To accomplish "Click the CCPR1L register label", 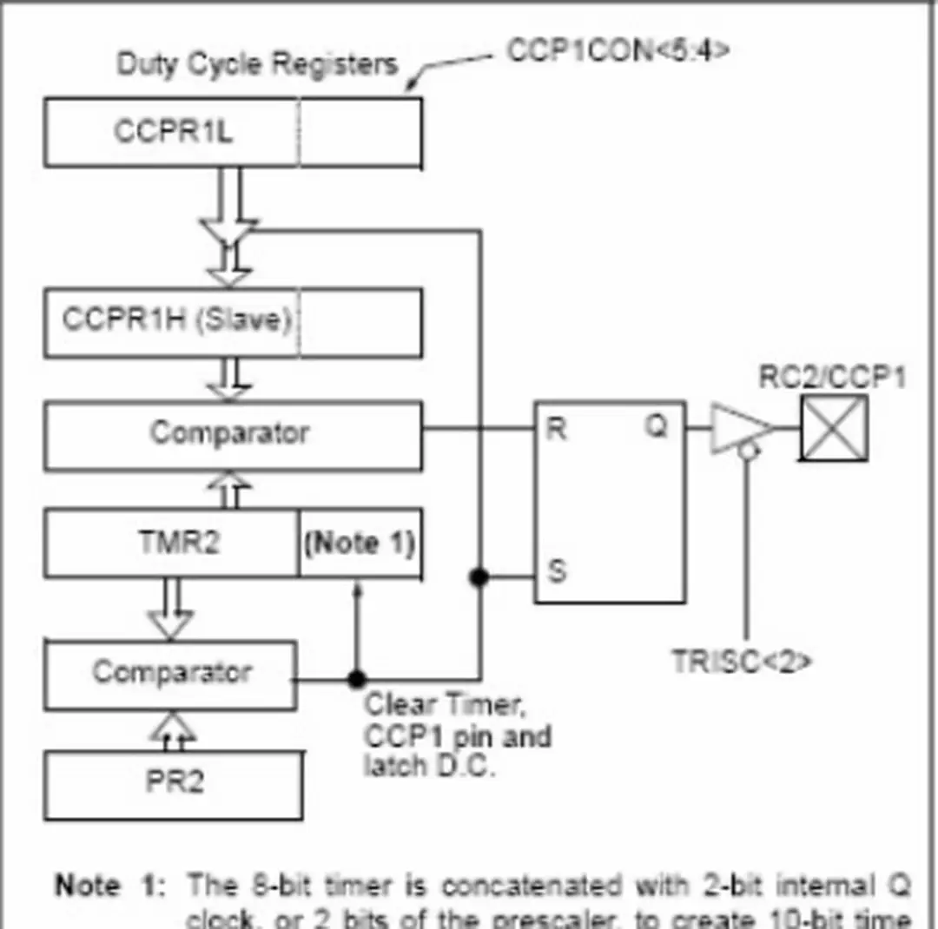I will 173,132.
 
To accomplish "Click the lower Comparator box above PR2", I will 171,674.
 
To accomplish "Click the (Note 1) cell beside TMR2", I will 360,544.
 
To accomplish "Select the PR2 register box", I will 174,783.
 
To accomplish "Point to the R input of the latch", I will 557,428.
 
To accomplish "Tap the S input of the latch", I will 557,572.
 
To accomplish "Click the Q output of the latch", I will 657,427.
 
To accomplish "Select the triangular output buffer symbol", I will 738,427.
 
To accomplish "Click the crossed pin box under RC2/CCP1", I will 834,427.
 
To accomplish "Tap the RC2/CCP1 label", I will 832,378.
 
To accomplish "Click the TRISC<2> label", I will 743,662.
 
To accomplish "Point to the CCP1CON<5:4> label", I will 618,50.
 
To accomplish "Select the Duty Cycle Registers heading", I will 257,64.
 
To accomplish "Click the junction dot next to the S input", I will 479,577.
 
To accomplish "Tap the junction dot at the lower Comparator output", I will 356,679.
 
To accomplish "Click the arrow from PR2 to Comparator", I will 174,729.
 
